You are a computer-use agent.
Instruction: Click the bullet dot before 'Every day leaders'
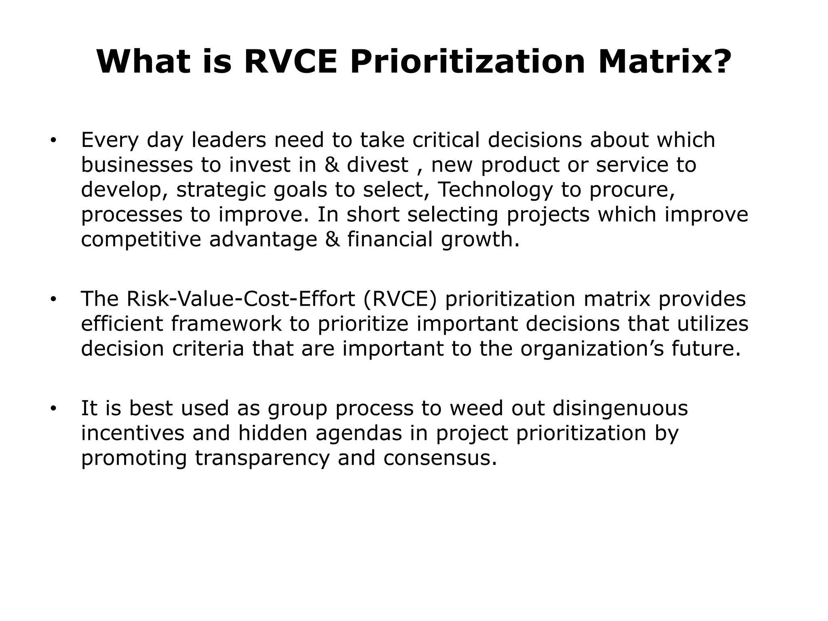click(x=53, y=141)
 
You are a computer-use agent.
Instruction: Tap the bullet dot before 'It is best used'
click(x=53, y=409)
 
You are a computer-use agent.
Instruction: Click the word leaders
click(x=228, y=140)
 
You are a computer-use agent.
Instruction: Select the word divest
click(x=378, y=165)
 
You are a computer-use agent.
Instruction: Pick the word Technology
click(x=495, y=190)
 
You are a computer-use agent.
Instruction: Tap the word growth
click(x=480, y=239)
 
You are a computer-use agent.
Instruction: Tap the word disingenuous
click(x=620, y=408)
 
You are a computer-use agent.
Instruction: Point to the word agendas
click(x=359, y=433)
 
